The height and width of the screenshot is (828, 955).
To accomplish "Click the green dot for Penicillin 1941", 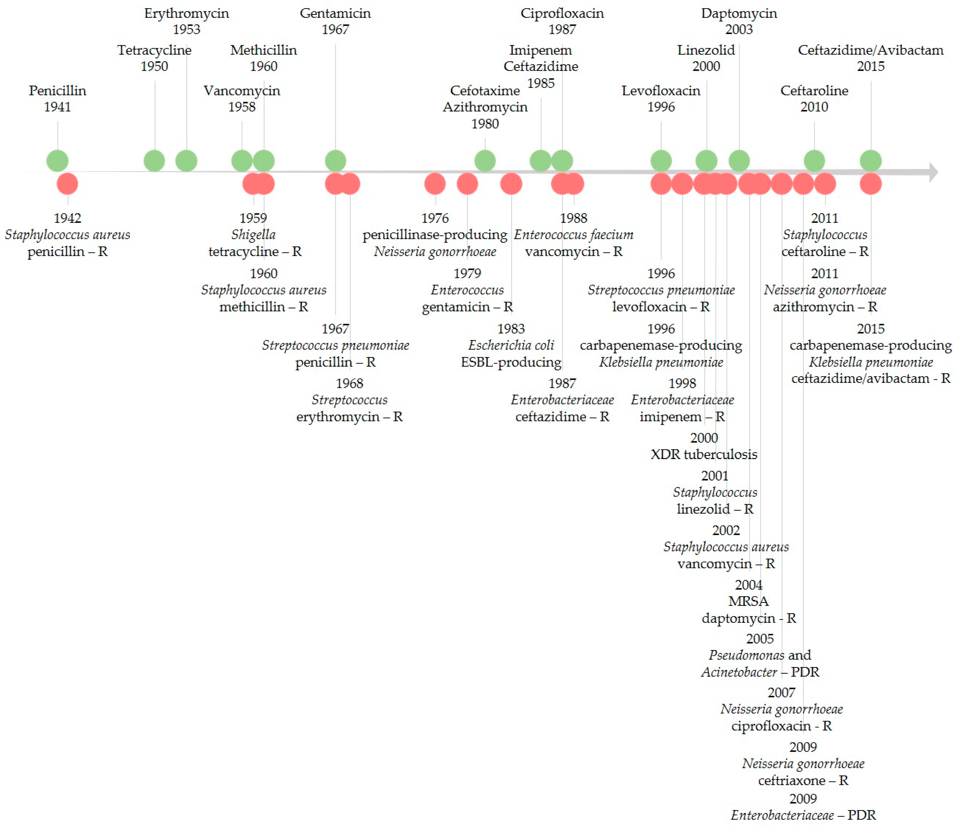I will (57, 161).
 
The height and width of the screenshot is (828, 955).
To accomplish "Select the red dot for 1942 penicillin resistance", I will (67, 184).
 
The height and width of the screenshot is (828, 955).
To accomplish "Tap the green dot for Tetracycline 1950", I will (154, 161).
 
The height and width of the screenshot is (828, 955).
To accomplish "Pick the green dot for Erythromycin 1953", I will (186, 161).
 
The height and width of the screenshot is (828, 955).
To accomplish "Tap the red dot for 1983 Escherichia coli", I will (511, 184).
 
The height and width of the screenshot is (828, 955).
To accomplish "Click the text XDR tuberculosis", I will (704, 455).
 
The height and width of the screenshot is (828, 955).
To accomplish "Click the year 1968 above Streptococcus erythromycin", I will (350, 384).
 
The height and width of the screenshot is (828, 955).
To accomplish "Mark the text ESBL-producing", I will (511, 362).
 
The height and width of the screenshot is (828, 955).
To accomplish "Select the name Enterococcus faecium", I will (574, 235).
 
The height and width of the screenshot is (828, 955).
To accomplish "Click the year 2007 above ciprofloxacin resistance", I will (781, 693).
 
